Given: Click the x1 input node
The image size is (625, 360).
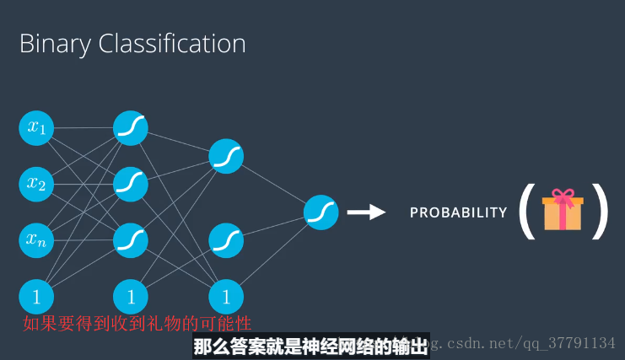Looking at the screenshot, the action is coord(36,128).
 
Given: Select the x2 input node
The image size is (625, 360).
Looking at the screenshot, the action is coord(36,184).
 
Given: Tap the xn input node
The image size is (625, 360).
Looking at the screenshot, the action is coord(36,240).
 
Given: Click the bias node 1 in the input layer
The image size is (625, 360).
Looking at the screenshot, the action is coord(36,297).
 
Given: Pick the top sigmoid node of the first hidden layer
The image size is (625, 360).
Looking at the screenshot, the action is coord(131,128).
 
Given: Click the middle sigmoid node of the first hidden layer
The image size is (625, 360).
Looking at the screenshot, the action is coord(131,184).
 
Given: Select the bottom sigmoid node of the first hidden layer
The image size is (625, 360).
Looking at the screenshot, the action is coord(131,240).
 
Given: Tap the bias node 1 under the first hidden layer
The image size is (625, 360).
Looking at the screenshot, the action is coord(131,297).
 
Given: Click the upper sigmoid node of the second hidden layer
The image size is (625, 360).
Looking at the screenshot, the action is coord(226,156).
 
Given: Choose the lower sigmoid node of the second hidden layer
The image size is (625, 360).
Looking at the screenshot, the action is coord(226,240).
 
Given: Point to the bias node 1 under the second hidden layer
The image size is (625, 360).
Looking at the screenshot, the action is coord(226,297).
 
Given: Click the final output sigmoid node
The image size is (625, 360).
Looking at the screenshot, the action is coord(321,212).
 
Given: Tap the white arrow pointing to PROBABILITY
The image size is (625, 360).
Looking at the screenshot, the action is coord(366,212).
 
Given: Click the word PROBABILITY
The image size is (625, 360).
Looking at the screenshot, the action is coord(458,212).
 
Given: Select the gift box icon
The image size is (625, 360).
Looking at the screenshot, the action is coord(563,209).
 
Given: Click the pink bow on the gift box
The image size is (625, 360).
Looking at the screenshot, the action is coord(563,196).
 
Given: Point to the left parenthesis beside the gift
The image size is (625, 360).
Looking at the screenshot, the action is coord(526,211).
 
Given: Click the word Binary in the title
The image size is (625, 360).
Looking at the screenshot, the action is coord(55,44).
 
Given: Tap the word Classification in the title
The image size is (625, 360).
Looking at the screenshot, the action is coord(172,43).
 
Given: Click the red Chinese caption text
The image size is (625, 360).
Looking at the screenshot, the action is coord(137,324).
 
